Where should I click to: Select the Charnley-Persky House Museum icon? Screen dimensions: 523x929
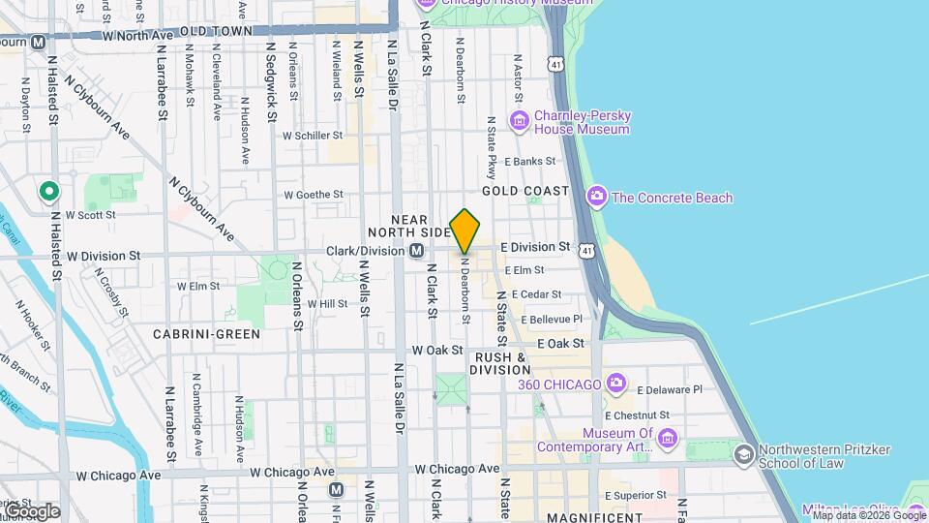[521, 121]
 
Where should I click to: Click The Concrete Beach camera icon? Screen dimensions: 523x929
[596, 198]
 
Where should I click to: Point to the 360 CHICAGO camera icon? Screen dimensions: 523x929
[615, 385]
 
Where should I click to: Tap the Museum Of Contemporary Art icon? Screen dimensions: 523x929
[667, 439]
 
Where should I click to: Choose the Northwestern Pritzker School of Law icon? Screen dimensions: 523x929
[743, 455]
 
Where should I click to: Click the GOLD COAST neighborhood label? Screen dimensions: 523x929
[525, 191]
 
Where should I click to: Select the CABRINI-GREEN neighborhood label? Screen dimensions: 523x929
[206, 334]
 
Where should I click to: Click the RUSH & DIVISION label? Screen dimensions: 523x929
[501, 363]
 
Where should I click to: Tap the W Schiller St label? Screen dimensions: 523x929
[314, 137]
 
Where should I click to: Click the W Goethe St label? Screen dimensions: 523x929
[314, 195]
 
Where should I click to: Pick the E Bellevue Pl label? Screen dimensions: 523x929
[552, 319]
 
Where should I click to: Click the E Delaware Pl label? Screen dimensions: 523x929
[670, 390]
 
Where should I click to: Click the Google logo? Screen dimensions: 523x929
[31, 510]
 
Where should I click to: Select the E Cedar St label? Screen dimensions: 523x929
[536, 294]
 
